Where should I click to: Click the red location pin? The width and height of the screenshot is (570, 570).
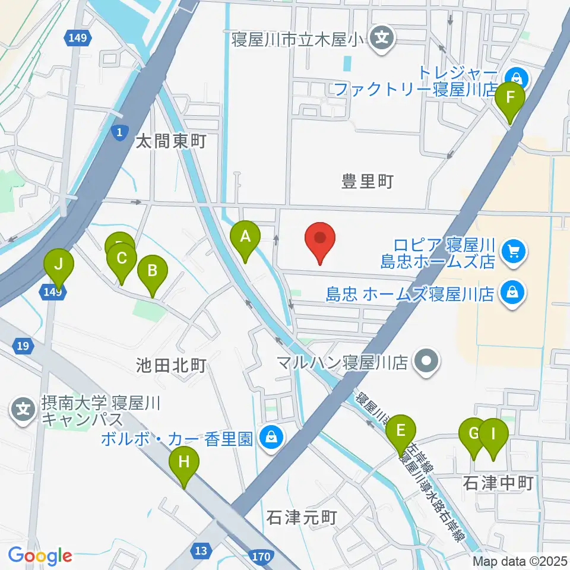click(321, 240)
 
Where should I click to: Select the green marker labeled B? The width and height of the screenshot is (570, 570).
click(152, 273)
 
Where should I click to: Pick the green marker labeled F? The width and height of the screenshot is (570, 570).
click(510, 99)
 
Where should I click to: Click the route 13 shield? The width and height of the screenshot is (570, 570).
click(202, 551)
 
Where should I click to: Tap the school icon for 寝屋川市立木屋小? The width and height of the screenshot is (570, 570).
click(379, 40)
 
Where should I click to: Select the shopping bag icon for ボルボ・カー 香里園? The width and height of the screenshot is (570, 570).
click(271, 438)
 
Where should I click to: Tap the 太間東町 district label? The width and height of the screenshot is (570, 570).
click(170, 142)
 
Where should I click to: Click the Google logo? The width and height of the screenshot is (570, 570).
click(40, 555)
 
